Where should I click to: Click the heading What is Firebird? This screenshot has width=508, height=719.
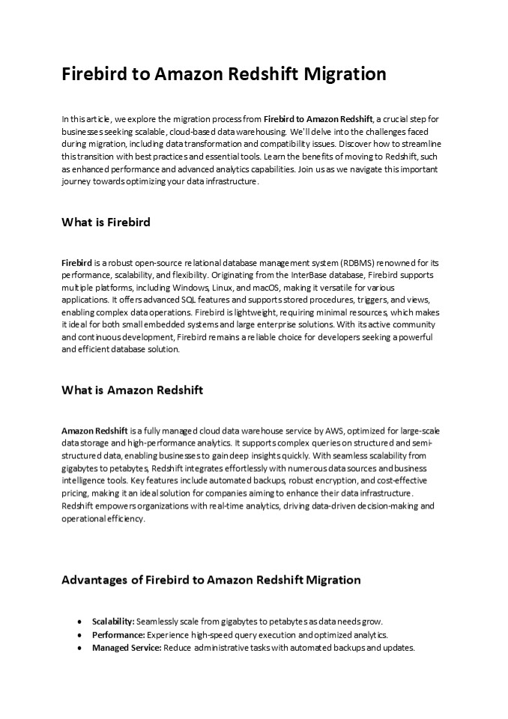[x=106, y=222]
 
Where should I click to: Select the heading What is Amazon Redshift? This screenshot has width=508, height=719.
[x=132, y=390]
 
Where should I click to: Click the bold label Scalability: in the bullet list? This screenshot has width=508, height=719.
[x=113, y=622]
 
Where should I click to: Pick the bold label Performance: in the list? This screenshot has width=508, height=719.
[x=118, y=634]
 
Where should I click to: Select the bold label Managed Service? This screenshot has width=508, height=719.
[x=127, y=647]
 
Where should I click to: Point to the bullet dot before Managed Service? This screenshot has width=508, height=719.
[x=80, y=648]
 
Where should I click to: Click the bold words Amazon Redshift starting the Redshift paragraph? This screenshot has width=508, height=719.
[x=94, y=431]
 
